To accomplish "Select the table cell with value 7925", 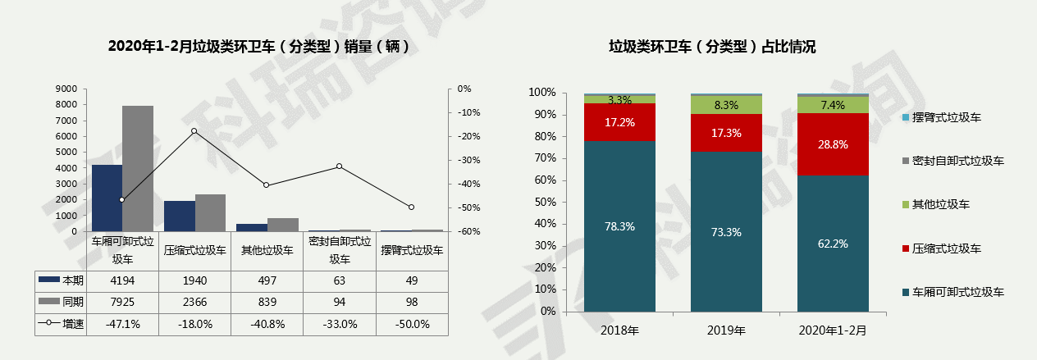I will [122, 303].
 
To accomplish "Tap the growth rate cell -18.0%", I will [194, 324].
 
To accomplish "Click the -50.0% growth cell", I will [411, 324].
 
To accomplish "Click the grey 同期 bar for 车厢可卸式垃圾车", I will [138, 168].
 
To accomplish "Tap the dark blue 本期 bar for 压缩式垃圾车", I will [180, 216].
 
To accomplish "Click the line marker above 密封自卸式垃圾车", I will [339, 166].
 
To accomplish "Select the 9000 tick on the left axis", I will [67, 89].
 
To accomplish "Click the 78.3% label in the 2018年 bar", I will [619, 227].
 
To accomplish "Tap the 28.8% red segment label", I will [833, 144].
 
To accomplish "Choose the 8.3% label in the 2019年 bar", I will [726, 105].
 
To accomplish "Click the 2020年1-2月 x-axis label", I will [833, 331].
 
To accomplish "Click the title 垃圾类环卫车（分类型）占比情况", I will [712, 47].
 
